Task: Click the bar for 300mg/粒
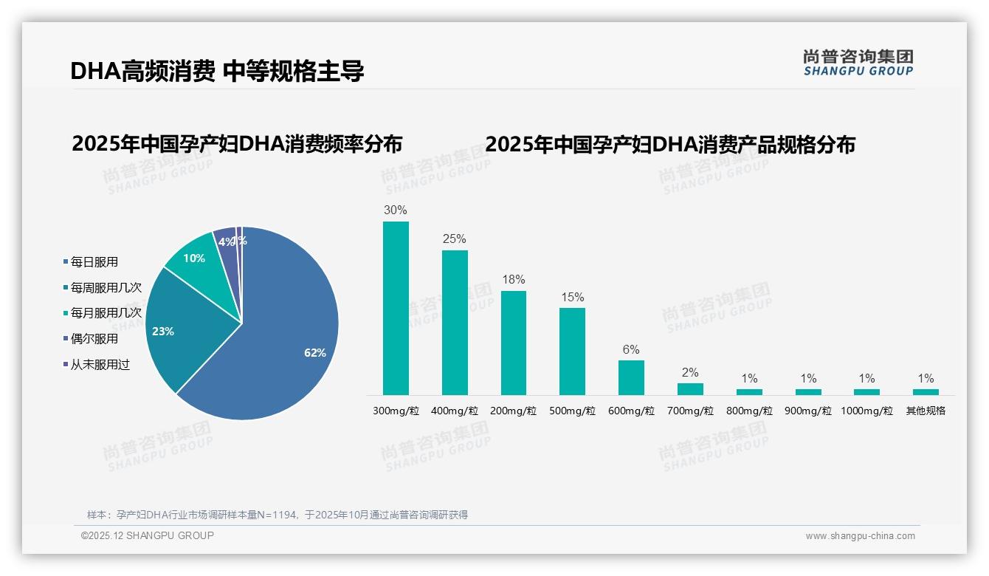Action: [396, 309]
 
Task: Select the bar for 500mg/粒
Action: [572, 352]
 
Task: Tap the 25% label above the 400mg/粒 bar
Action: [454, 239]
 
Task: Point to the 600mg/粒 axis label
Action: [631, 411]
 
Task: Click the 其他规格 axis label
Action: [926, 411]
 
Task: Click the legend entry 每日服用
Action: [94, 262]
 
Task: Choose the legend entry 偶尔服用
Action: [94, 339]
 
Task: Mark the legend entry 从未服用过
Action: [100, 365]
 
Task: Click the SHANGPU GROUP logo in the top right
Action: [858, 63]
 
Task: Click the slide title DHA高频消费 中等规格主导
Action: [217, 72]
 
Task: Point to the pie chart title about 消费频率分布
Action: [237, 144]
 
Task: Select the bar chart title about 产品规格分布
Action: [670, 144]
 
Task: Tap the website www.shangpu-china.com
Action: [860, 536]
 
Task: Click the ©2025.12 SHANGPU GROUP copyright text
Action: [147, 536]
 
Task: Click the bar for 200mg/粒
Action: [514, 343]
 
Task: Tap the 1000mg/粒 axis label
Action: [867, 411]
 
